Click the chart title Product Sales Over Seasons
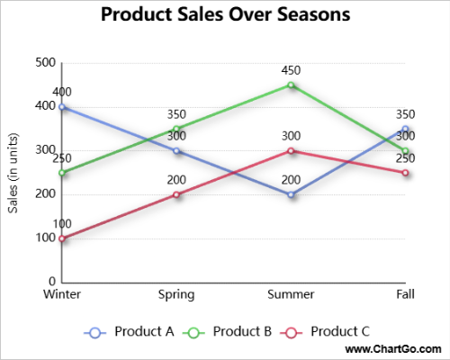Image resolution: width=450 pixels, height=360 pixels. coord(225,15)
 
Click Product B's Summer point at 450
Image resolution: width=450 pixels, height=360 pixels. coord(291,85)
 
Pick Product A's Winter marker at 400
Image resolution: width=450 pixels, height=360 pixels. coord(61,106)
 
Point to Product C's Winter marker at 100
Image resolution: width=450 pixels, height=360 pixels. coord(61,238)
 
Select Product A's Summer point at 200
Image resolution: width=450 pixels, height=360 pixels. coord(291,194)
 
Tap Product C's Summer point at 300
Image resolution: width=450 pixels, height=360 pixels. coord(291,150)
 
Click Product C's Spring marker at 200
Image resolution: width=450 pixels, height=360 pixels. coord(176,194)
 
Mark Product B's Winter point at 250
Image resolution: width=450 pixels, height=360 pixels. coord(61,173)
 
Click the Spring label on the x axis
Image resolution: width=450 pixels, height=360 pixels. coord(176,294)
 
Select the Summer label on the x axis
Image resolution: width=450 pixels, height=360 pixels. coord(291,294)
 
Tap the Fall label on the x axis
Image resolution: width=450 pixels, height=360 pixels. coord(405,294)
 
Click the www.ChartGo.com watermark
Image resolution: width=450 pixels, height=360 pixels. coord(393,348)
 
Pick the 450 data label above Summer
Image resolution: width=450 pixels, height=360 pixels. coord(291,70)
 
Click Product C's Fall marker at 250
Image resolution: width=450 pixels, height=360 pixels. coord(406,173)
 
